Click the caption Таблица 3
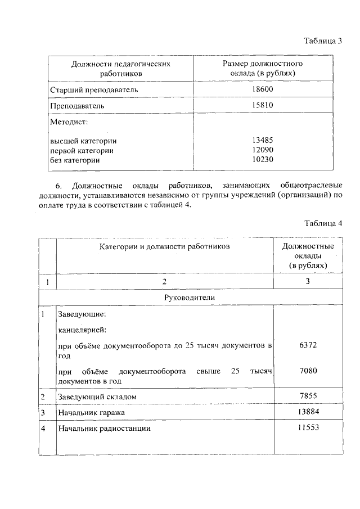click(323, 41)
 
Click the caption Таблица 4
click(323, 223)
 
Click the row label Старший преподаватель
click(94, 89)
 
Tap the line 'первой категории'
click(82, 151)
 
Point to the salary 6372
click(308, 345)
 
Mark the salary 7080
click(308, 371)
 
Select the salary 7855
click(308, 397)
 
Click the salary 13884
click(308, 412)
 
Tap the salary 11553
click(308, 428)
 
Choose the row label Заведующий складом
click(97, 397)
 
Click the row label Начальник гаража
click(91, 413)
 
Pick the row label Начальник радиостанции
click(105, 429)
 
